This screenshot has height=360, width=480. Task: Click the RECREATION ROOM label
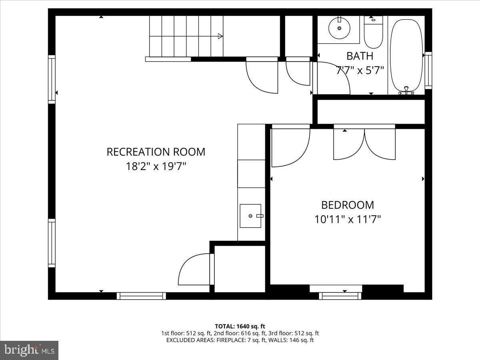(x=156, y=152)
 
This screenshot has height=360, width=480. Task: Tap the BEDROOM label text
(x=347, y=205)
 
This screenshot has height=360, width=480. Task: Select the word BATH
(x=360, y=56)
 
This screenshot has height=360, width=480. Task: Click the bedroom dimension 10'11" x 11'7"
(x=347, y=219)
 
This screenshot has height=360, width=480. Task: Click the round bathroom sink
(x=339, y=28)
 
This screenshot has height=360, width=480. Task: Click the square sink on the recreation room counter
(x=250, y=216)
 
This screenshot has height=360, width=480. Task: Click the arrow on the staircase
(x=220, y=36)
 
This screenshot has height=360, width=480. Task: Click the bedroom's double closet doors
(x=364, y=143)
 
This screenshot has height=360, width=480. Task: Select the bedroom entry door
(x=290, y=146)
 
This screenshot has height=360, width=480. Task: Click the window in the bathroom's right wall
(x=428, y=70)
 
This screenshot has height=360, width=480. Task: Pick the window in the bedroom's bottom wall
(x=340, y=296)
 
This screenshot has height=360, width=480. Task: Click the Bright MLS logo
(x=29, y=350)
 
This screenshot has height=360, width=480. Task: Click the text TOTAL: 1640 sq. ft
(x=240, y=326)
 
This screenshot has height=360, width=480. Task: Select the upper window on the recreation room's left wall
(x=52, y=79)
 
